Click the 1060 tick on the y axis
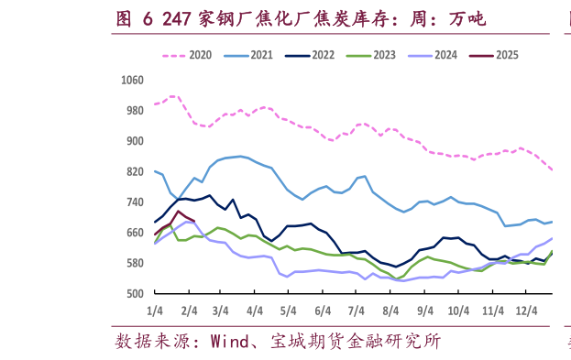coord(132,80)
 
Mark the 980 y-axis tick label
coord(135,111)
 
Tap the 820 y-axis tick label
coord(135,171)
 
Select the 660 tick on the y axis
coord(135,233)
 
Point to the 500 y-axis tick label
coord(135,294)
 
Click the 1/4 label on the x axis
coord(154,311)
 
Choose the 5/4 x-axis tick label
coord(287,311)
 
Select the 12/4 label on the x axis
coord(527,311)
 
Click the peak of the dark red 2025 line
coord(178,212)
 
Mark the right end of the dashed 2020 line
coord(553,169)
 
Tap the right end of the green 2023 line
coord(553,251)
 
